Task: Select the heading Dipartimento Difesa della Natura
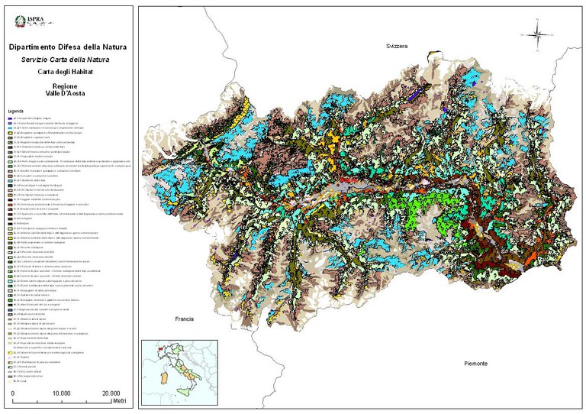click(x=67, y=47)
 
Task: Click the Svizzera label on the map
click(x=396, y=47)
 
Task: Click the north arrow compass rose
click(x=536, y=34)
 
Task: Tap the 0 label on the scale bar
click(x=13, y=392)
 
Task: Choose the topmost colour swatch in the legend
click(x=10, y=119)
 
